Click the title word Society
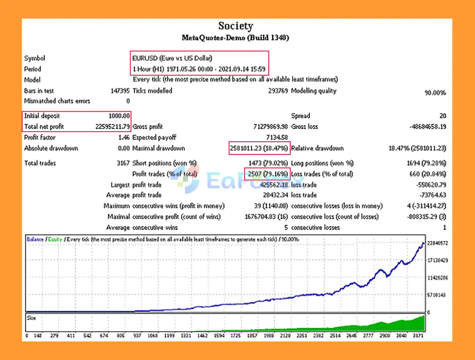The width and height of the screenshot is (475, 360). [x=236, y=26]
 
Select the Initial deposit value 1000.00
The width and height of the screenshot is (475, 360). [x=119, y=116]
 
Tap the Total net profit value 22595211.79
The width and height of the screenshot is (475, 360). [x=112, y=127]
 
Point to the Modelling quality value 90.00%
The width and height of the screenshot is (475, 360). [x=435, y=92]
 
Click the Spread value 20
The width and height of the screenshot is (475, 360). [x=442, y=116]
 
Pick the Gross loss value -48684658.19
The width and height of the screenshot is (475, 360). [x=427, y=127]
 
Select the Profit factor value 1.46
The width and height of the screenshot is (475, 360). [x=124, y=137]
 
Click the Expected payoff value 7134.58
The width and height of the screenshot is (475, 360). [x=277, y=137]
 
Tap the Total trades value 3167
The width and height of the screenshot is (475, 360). [x=123, y=163]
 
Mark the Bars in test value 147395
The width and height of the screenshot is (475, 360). [x=120, y=91]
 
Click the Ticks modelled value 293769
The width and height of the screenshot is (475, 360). [x=278, y=91]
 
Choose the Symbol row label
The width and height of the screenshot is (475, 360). [x=35, y=58]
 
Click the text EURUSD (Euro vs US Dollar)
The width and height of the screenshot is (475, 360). [x=172, y=58]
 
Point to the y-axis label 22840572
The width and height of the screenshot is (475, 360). [x=438, y=243]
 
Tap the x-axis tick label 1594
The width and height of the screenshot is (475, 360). [x=219, y=336]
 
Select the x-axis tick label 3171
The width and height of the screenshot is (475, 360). [x=418, y=336]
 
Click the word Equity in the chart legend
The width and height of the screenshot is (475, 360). [x=55, y=239]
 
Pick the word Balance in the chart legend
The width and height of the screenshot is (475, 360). [x=35, y=239]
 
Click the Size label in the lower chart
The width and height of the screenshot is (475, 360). [x=31, y=318]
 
